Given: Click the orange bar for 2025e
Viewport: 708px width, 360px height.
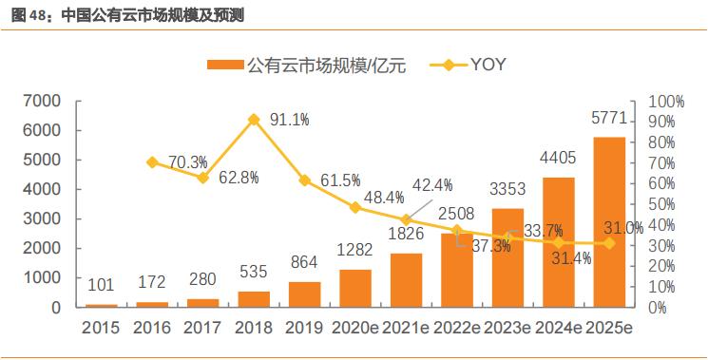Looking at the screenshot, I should [609, 222].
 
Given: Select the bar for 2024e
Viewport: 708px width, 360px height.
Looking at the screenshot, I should [559, 242].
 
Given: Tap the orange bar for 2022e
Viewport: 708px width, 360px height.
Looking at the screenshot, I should [457, 270].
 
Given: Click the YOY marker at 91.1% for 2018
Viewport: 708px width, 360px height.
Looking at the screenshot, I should [254, 120].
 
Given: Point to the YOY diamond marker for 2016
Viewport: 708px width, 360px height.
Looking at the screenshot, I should [152, 162].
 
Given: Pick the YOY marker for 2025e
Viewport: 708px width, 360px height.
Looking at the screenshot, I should [609, 243].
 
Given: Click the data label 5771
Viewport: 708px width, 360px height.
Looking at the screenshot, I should [609, 121].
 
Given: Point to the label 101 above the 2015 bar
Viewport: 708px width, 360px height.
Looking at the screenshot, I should [102, 285].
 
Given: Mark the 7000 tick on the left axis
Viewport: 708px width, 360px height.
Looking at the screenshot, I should [43, 101].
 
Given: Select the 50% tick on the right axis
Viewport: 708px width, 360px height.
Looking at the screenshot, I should [661, 204].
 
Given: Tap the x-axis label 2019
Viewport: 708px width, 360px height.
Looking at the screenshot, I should [304, 329].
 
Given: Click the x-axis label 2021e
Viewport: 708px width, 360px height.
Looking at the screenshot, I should [406, 329].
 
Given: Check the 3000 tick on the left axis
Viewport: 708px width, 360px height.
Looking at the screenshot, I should [43, 218].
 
